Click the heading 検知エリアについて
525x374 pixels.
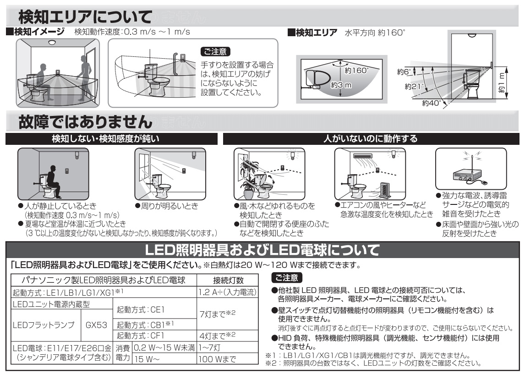(85, 17)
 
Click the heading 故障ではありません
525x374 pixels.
(86, 122)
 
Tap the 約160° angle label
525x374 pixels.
(357, 71)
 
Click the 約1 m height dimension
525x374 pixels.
(503, 82)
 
